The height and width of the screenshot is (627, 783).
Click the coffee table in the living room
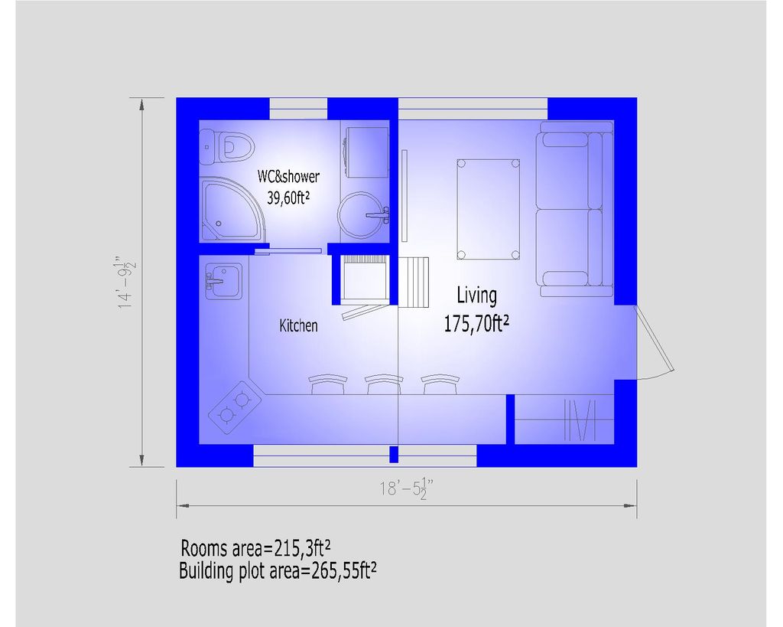(488, 209)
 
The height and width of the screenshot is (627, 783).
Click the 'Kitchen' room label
(298, 325)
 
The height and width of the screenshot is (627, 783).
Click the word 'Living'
(476, 295)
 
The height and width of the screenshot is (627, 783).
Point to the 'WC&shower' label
(288, 177)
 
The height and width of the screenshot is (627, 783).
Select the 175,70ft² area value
(476, 324)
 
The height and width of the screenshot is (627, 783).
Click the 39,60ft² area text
(288, 197)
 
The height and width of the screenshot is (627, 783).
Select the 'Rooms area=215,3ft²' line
(255, 548)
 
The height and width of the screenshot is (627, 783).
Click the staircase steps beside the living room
(416, 282)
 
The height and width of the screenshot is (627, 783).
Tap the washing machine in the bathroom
(364, 150)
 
